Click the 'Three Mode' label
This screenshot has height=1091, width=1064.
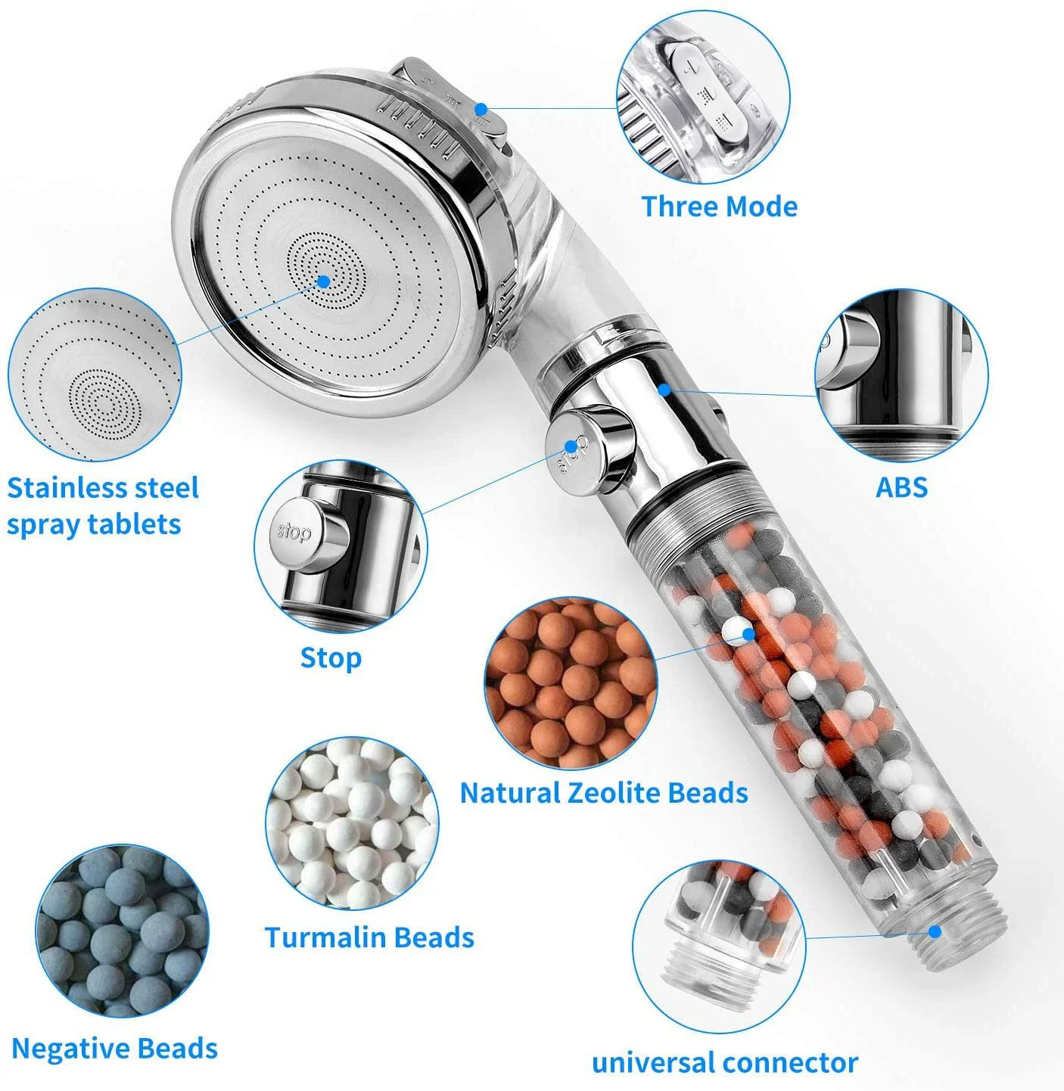pyautogui.click(x=719, y=207)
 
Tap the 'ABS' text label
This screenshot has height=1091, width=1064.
pyautogui.click(x=901, y=487)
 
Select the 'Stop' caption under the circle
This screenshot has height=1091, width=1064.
pyautogui.click(x=331, y=657)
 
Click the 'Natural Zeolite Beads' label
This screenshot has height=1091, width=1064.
pyautogui.click(x=604, y=793)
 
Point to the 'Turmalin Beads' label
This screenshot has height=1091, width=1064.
pyautogui.click(x=369, y=937)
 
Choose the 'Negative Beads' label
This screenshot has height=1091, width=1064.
pyautogui.click(x=114, y=1049)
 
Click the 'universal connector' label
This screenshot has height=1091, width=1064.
pyautogui.click(x=724, y=1063)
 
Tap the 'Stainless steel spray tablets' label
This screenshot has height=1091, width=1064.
pyautogui.click(x=102, y=505)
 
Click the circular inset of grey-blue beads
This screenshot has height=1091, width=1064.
pyautogui.click(x=122, y=931)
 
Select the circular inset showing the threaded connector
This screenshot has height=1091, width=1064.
pyautogui.click(x=719, y=946)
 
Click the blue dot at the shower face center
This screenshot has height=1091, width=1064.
pyautogui.click(x=325, y=281)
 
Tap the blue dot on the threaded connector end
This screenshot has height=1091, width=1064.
pyautogui.click(x=935, y=931)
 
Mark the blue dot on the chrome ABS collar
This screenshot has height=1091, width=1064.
pyautogui.click(x=664, y=389)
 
